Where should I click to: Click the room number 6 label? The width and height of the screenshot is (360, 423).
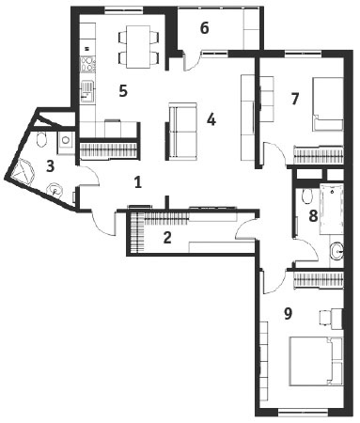(x=204, y=28)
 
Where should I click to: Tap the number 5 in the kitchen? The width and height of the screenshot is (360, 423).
(x=123, y=91)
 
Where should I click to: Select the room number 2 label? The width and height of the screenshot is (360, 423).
(x=167, y=238)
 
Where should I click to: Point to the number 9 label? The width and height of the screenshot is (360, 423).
(x=288, y=313)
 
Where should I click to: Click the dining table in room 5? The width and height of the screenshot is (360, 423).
(x=138, y=47)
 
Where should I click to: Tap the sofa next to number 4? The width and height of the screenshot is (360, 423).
(x=182, y=132)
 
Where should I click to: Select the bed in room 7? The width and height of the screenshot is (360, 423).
(x=328, y=103)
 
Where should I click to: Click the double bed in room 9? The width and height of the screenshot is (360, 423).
(x=316, y=361)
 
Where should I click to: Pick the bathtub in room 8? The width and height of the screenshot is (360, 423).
(x=332, y=210)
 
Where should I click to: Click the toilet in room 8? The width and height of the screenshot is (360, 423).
(x=307, y=196)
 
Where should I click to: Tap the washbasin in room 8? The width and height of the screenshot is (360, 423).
(x=337, y=250)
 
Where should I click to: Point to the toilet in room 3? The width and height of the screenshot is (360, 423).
(x=41, y=139)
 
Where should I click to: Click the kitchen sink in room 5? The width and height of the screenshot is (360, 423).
(x=87, y=92)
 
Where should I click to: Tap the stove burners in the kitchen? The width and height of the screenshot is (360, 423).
(x=87, y=64)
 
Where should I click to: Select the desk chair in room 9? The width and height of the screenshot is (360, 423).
(x=325, y=319)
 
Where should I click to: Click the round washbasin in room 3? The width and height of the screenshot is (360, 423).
(x=55, y=190)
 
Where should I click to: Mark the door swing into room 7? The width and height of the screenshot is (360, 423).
(x=274, y=153)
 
